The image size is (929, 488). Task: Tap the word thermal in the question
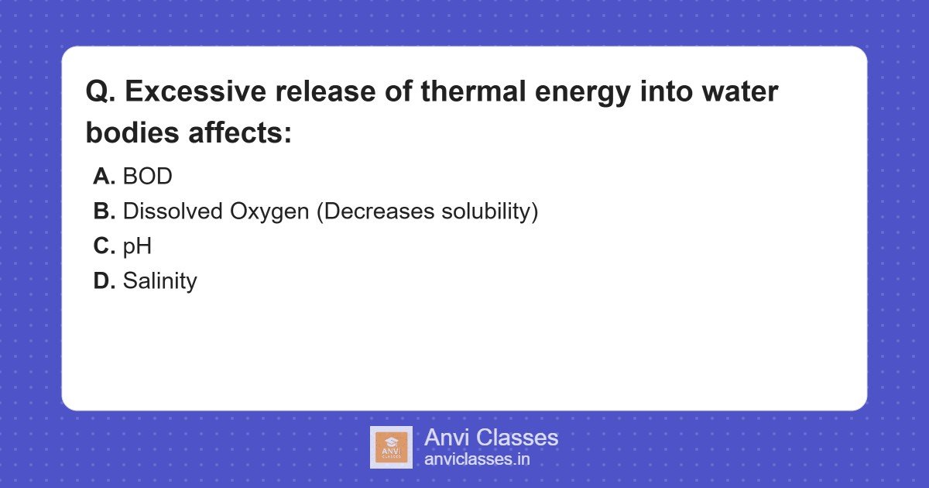482,92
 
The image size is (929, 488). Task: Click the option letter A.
104,177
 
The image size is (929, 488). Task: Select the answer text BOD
147,177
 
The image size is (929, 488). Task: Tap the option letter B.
104,211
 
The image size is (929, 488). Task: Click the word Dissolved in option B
172,211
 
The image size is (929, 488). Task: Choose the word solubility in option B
485,211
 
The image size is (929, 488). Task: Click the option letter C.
104,246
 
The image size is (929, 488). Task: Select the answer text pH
137,246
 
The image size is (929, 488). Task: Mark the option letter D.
104,281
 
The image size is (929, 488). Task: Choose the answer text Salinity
159,281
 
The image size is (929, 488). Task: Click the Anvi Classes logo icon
391,447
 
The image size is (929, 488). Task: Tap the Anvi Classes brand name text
491,438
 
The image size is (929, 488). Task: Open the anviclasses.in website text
477,459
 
